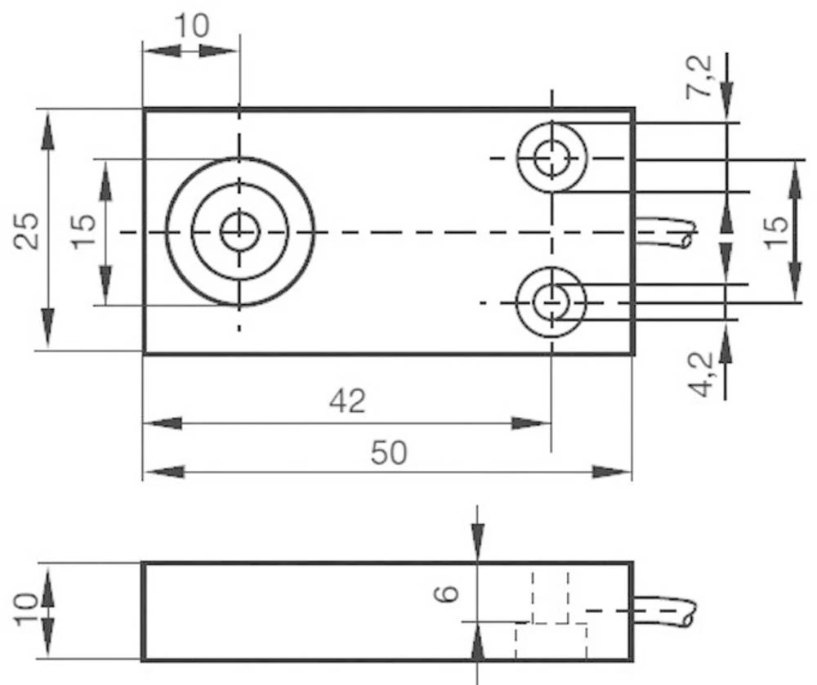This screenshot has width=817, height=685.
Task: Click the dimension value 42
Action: click(347, 401)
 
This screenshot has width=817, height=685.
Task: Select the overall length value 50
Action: click(388, 452)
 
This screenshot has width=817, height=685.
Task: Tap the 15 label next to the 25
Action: click(82, 231)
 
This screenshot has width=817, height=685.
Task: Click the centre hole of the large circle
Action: click(239, 232)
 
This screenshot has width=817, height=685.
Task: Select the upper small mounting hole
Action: click(552, 157)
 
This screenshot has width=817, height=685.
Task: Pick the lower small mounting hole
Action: click(552, 302)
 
